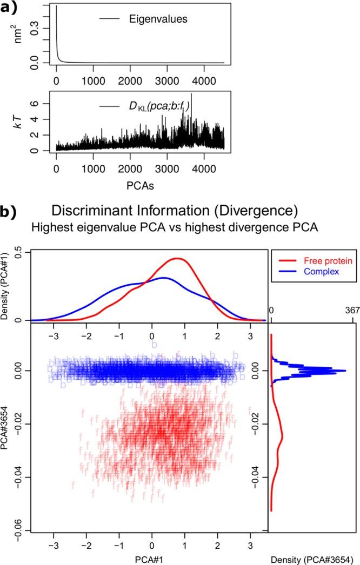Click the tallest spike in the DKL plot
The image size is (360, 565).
click(x=191, y=95)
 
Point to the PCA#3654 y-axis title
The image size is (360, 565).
click(x=8, y=428)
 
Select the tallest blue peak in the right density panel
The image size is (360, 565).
click(x=345, y=371)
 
